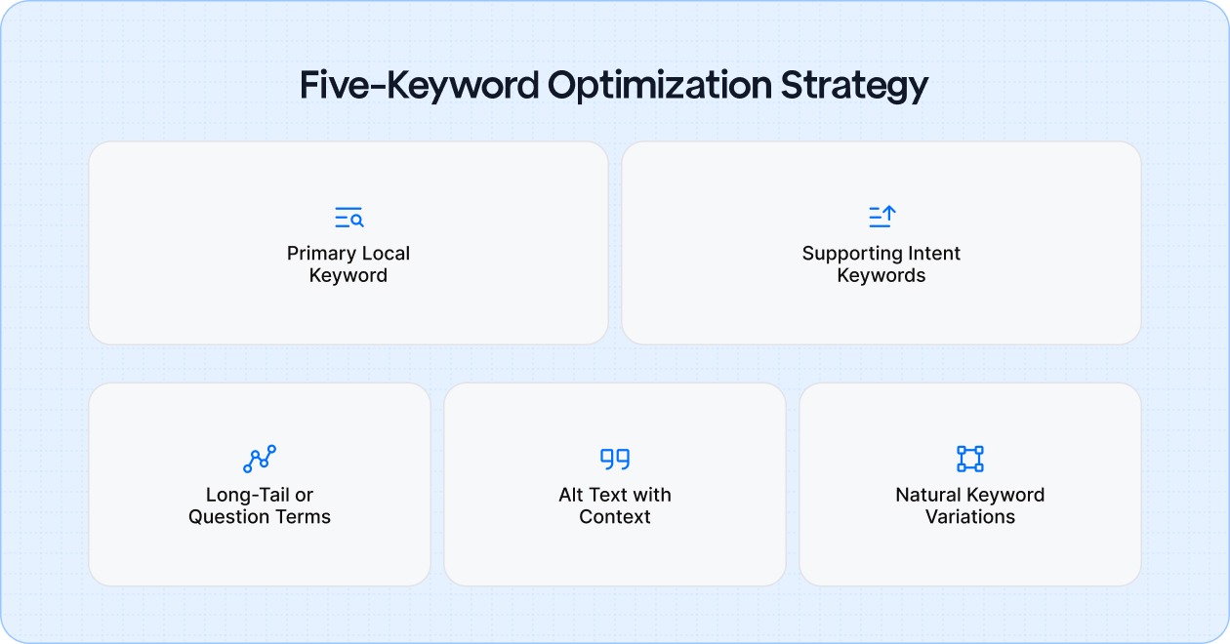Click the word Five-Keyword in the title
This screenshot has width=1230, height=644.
(418, 86)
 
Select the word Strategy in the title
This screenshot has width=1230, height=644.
(854, 86)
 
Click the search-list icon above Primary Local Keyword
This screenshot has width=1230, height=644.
(348, 218)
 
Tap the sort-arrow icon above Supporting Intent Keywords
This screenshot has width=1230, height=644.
(881, 218)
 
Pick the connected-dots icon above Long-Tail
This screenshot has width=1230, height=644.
(260, 459)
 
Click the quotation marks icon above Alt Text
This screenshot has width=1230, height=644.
(615, 459)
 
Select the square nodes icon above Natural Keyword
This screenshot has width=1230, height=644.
(969, 459)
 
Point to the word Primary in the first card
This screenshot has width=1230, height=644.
(319, 254)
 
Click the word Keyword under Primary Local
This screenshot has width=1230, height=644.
(348, 276)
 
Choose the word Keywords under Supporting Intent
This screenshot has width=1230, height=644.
(881, 276)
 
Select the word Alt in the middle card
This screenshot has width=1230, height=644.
(571, 495)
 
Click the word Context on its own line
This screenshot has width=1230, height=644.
(615, 517)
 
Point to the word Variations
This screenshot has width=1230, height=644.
(970, 517)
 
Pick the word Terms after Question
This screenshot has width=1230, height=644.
(304, 517)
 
